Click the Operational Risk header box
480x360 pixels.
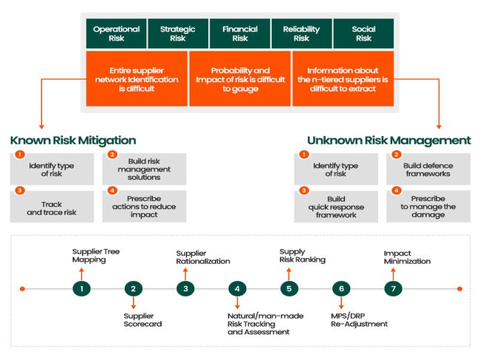[x=117, y=33]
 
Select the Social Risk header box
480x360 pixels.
[x=363, y=33]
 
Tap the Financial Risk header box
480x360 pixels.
[x=240, y=33]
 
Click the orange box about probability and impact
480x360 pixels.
[x=240, y=79]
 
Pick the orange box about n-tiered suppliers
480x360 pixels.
[x=343, y=79]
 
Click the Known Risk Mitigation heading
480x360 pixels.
[x=73, y=140]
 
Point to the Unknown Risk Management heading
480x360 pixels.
[x=388, y=140]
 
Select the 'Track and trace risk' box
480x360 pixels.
[x=52, y=206]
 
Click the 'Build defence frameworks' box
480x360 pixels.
[x=428, y=169]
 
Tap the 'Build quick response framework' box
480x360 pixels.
[x=336, y=206]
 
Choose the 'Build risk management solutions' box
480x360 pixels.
[x=144, y=169]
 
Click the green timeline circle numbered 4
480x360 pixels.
[x=237, y=288]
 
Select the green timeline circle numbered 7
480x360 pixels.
[x=394, y=288]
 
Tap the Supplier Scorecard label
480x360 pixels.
[x=143, y=320]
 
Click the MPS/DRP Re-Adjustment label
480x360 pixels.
[x=359, y=320]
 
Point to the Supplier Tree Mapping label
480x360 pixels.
[x=96, y=256]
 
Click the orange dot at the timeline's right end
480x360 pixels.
[x=459, y=288]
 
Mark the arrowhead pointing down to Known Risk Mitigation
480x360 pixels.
[x=41, y=126]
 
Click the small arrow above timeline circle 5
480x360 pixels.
[x=289, y=274]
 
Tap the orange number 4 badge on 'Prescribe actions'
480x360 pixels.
[x=112, y=191]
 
